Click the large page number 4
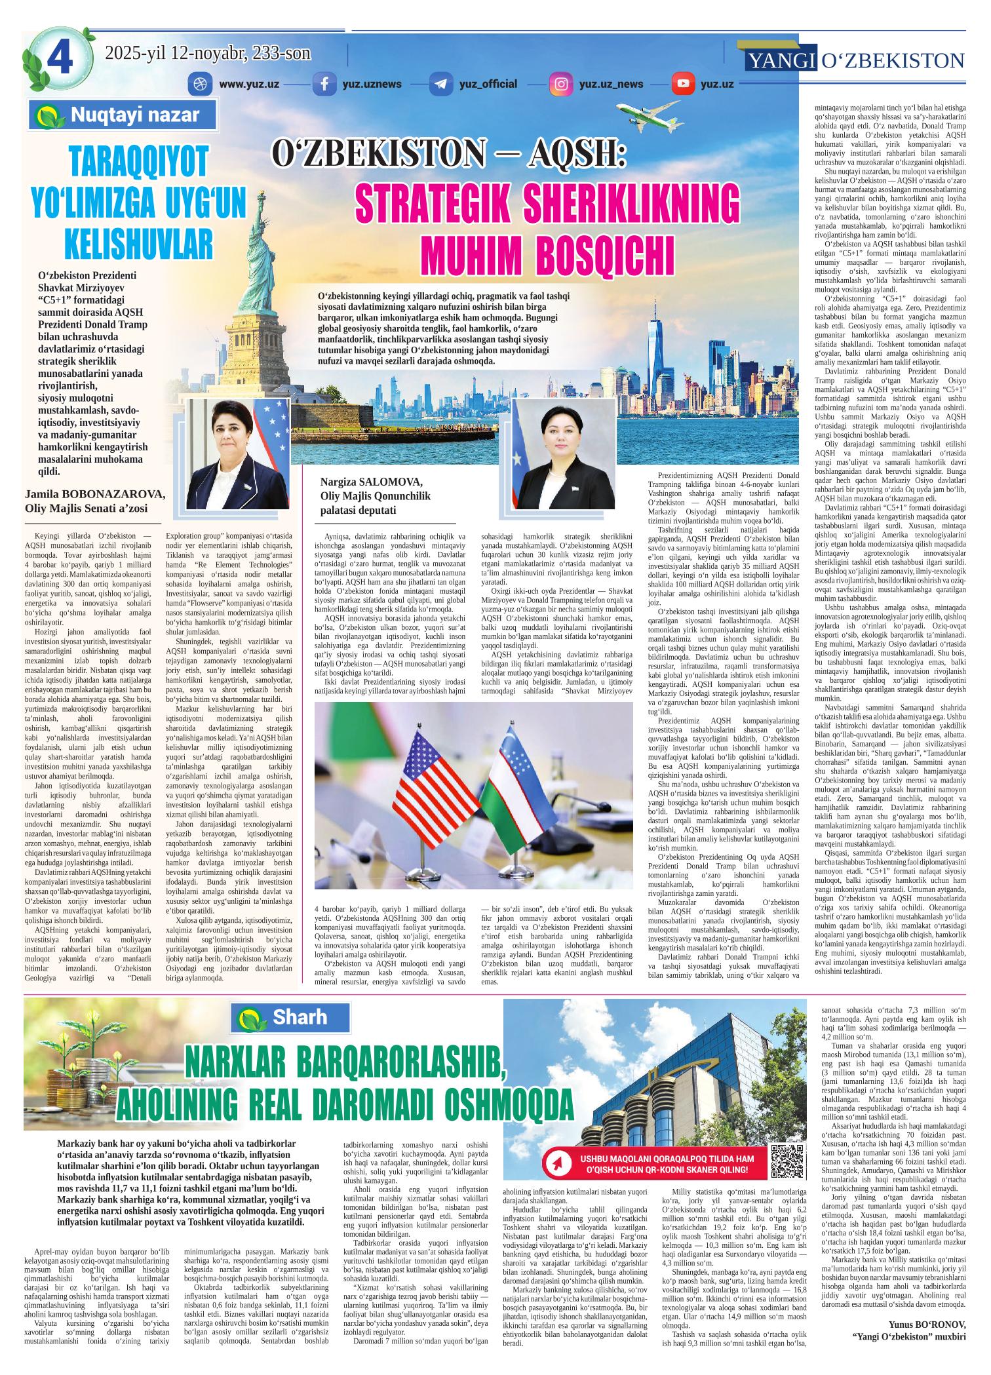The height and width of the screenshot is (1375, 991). pyautogui.click(x=60, y=58)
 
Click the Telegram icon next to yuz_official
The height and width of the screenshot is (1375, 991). pyautogui.click(x=440, y=84)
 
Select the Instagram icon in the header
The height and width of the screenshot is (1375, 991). pyautogui.click(x=560, y=84)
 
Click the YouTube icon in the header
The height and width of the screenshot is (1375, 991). pyautogui.click(x=682, y=84)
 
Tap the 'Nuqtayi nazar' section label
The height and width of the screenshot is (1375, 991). pyautogui.click(x=124, y=116)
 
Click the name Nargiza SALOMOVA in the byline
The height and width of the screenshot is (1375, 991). pyautogui.click(x=366, y=484)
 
